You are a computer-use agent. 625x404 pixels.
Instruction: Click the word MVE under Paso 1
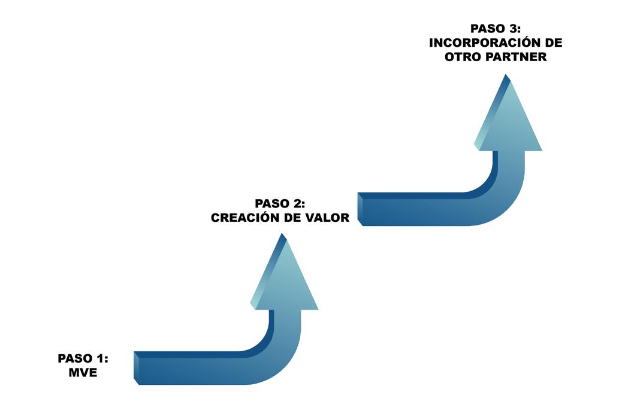coord(83,372)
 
